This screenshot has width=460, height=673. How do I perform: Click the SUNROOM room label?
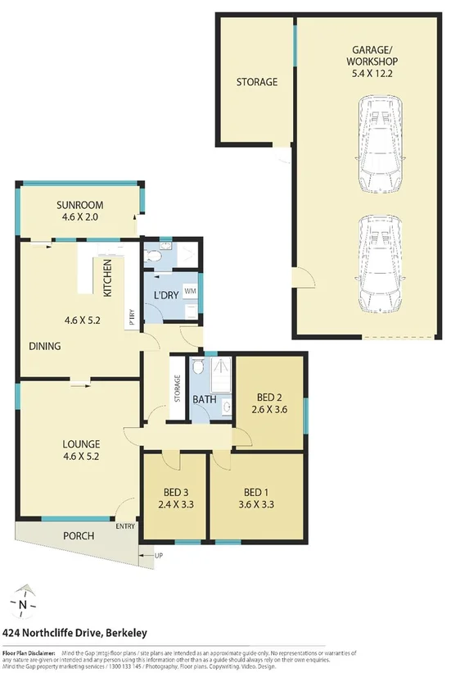[x=79, y=205]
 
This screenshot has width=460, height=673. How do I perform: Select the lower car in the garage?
[x=379, y=262]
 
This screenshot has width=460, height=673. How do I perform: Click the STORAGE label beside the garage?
[x=257, y=82]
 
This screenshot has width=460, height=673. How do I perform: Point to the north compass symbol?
[x=24, y=605]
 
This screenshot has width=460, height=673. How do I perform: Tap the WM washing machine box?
[x=190, y=291]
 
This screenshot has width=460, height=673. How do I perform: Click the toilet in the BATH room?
[x=198, y=371]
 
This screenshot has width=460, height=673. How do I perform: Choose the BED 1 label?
[x=258, y=493]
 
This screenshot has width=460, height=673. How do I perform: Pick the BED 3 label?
[x=174, y=493]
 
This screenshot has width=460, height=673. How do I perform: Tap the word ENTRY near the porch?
[x=125, y=526]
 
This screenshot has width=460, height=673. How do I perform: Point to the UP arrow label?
[x=158, y=557]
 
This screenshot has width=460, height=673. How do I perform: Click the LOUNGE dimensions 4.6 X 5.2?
[x=81, y=457]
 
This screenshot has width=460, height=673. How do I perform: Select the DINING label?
[x=44, y=346]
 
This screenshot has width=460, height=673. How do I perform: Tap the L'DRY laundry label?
[x=167, y=294]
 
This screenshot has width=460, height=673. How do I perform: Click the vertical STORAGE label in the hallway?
[x=176, y=388]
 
